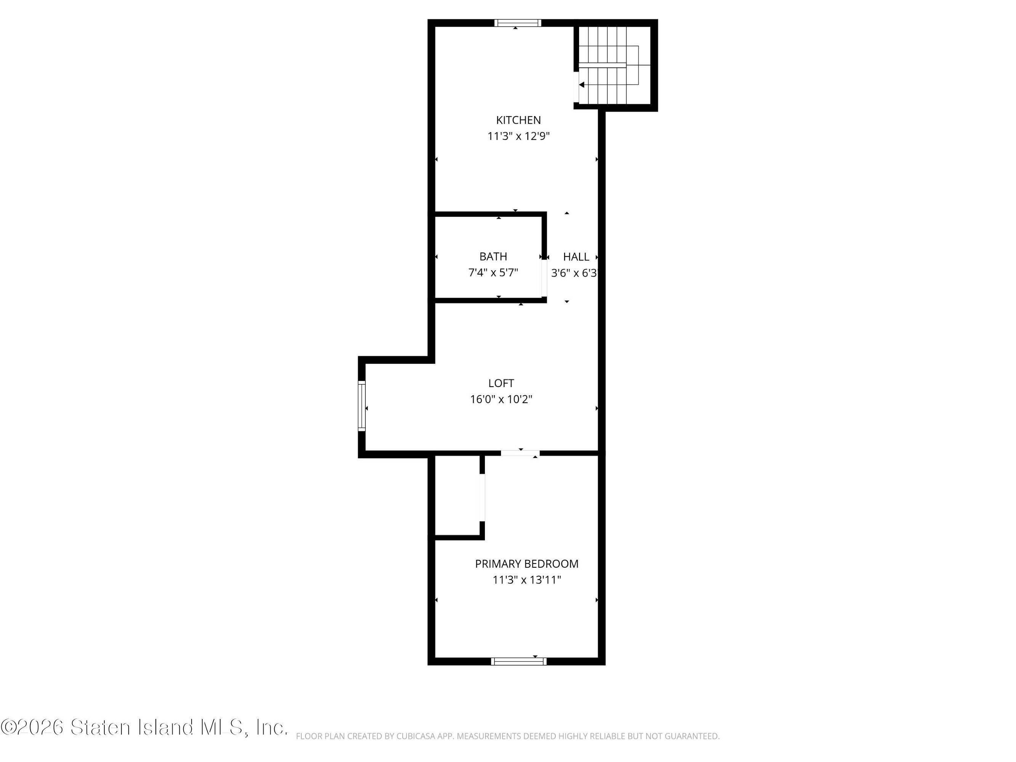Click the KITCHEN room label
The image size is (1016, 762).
click(x=518, y=120)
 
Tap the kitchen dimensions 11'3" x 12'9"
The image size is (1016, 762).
click(x=518, y=136)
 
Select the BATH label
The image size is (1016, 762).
click(x=493, y=256)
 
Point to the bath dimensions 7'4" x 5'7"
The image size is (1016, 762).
click(x=493, y=273)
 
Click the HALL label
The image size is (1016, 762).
click(x=576, y=257)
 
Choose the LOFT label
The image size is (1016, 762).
click(x=501, y=383)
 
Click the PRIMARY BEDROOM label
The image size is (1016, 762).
click(x=527, y=563)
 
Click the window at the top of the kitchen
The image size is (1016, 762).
click(x=518, y=23)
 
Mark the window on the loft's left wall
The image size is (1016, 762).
click(x=362, y=405)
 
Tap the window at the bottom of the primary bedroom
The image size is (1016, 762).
click(x=518, y=661)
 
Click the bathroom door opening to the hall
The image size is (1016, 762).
click(x=544, y=279)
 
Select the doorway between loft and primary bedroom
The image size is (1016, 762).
click(x=520, y=453)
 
